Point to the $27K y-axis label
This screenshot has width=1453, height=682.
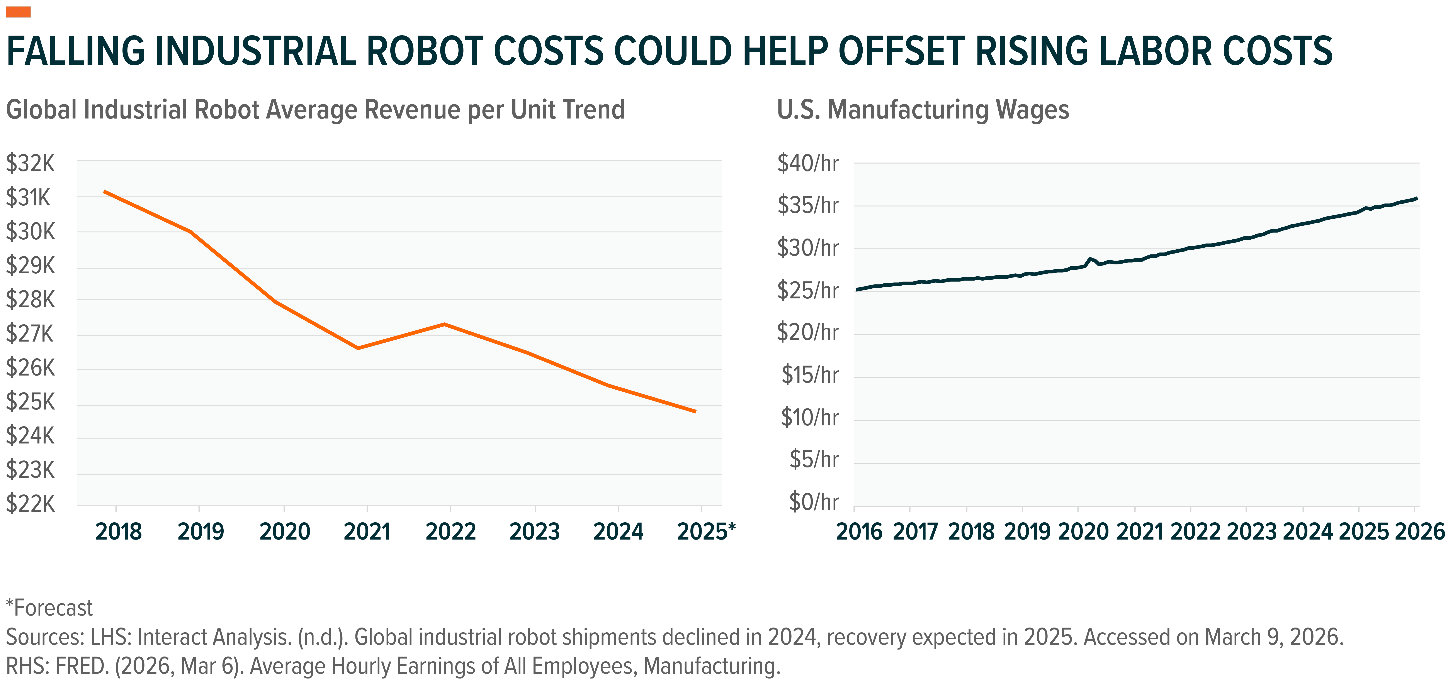click(x=30, y=334)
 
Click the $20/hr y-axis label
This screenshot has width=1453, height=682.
click(x=808, y=333)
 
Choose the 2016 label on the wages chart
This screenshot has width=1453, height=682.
click(x=858, y=531)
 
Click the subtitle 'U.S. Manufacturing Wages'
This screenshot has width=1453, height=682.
click(x=923, y=110)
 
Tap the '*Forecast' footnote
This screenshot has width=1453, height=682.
click(x=50, y=608)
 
